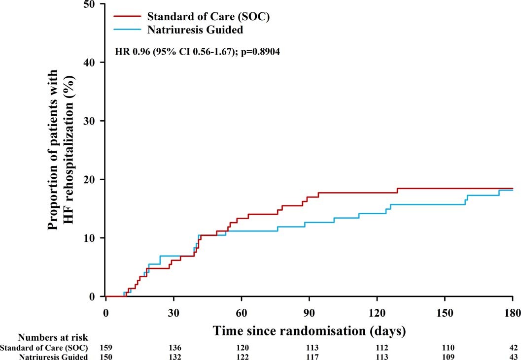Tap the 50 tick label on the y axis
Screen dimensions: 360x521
tap(92, 4)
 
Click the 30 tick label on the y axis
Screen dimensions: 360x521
tap(92, 121)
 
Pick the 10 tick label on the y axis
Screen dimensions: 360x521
tap(92, 238)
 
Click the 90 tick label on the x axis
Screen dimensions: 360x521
tap(309, 314)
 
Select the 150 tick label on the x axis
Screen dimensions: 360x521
tap(445, 314)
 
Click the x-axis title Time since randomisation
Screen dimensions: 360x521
tap(309, 330)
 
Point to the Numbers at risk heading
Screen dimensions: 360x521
tap(53, 338)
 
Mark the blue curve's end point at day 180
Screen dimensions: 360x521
tap(513, 190)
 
